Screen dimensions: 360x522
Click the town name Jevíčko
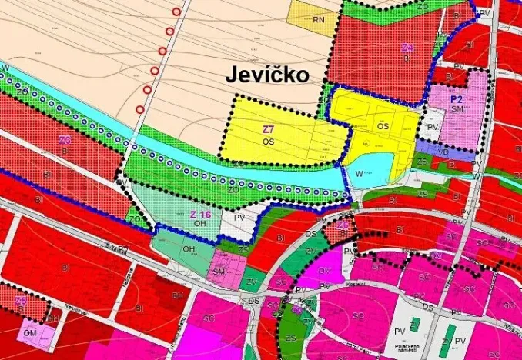point(267,75)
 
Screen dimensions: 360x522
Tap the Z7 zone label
point(269,130)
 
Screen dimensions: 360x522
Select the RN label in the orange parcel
point(318,18)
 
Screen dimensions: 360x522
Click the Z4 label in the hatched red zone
point(408,48)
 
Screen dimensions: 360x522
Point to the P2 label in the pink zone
point(457,99)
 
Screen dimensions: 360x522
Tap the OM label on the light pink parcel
point(30,332)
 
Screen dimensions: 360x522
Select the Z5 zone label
point(21,301)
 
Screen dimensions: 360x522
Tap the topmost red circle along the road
point(179,12)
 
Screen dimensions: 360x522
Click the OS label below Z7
point(268,142)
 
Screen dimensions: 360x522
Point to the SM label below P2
point(457,110)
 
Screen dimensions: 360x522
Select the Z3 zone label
point(65,140)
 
